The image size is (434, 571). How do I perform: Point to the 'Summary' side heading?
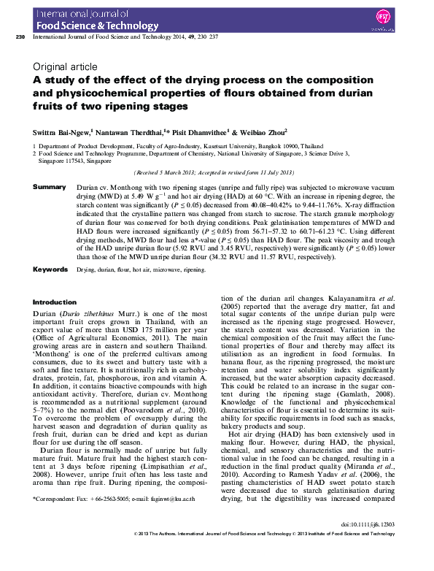pyautogui.click(x=50, y=188)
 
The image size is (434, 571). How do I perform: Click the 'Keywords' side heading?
pyautogui.click(x=52, y=269)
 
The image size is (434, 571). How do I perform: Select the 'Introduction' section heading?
pyautogui.click(x=55, y=302)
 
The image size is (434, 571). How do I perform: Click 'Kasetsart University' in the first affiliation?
pyautogui.click(x=239, y=146)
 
